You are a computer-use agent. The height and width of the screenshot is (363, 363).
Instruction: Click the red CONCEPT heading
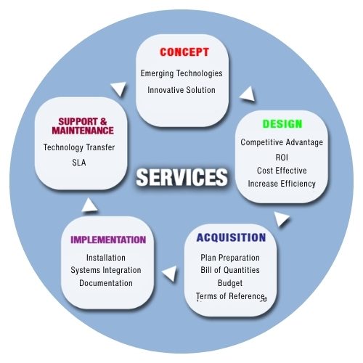(x=184, y=52)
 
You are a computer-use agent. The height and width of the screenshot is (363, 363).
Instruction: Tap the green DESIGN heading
(x=282, y=123)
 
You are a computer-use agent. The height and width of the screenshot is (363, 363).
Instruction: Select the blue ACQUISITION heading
(x=231, y=237)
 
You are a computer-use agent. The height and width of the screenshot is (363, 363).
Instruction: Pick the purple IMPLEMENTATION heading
(x=108, y=240)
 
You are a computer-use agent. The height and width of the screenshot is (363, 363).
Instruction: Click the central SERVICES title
(x=181, y=177)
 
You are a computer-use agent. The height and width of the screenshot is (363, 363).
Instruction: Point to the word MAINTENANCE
(x=83, y=131)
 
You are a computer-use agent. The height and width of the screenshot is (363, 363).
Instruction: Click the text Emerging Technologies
(x=181, y=73)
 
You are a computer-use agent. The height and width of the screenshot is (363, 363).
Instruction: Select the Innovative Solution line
(x=181, y=90)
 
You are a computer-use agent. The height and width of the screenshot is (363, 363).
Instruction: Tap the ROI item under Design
(x=282, y=158)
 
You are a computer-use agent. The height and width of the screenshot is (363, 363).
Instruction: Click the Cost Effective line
(x=282, y=171)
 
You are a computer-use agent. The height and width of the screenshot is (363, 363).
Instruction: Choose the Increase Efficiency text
(x=282, y=184)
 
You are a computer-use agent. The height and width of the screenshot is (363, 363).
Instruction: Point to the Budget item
(x=230, y=283)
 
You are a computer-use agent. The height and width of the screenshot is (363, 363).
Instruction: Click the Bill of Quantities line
(x=230, y=270)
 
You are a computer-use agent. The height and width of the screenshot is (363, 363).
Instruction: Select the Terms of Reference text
(x=230, y=296)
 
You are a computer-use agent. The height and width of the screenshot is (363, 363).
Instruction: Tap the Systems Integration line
(x=106, y=270)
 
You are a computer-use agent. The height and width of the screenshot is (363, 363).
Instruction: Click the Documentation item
(x=106, y=283)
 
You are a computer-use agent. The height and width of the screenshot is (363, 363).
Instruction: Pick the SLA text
(x=79, y=163)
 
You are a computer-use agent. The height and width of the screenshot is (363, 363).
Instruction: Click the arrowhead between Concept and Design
(x=248, y=94)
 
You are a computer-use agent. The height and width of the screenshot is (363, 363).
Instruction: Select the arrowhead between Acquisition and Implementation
(x=170, y=274)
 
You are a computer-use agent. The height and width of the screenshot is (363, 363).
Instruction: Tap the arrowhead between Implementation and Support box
(x=89, y=205)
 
